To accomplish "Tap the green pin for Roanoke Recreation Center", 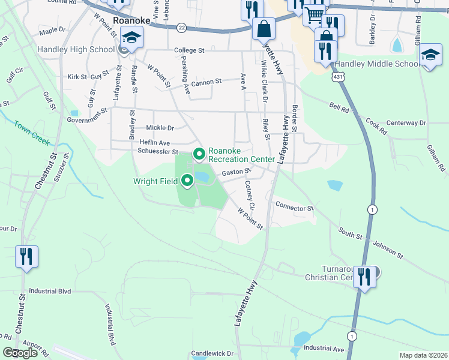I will pos(199,154).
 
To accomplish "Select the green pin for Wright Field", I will pos(187,179).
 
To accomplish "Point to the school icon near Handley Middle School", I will pos(430,56).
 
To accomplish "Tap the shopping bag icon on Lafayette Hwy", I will pos(264,28).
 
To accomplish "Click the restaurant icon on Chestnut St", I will pos(26,256).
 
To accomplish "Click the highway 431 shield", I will pos(340,76).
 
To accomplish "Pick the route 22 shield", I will pos(181,28).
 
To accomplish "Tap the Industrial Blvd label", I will pos(50,291).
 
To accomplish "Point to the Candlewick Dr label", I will pos(212,353).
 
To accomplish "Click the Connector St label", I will pos(294,208).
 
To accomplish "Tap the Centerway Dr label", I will pos(406,122).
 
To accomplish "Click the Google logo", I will pos(20,353).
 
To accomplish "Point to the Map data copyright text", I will pos(423,355).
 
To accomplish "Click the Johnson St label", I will pos(387,248).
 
